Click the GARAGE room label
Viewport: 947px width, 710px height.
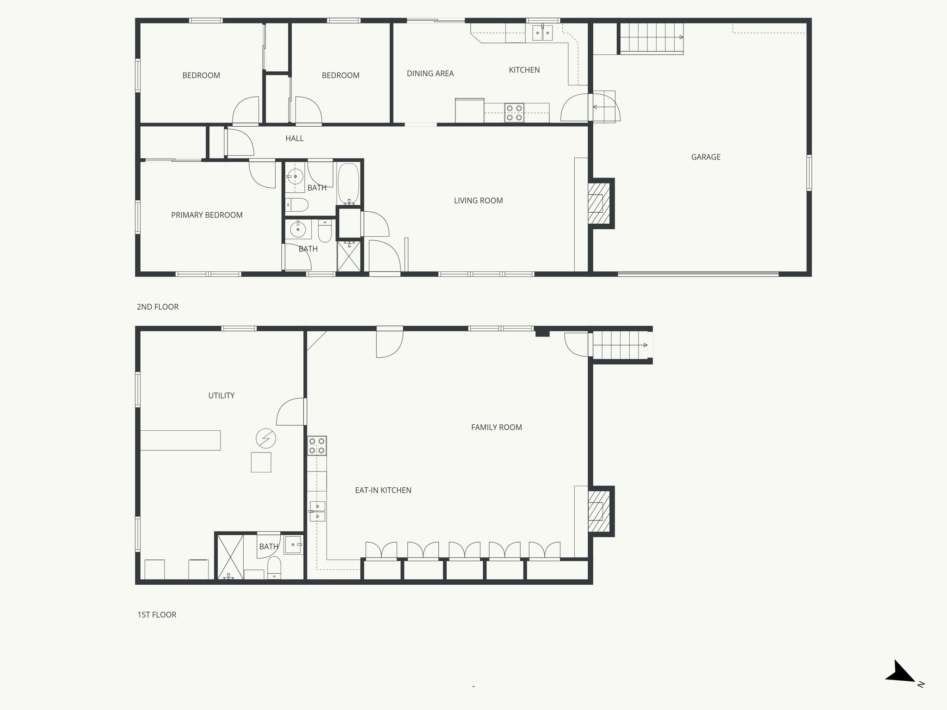coord(706,157)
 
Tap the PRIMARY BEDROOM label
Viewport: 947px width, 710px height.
coord(207,215)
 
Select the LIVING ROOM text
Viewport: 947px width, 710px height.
coord(478,201)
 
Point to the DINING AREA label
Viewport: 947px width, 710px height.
coord(430,73)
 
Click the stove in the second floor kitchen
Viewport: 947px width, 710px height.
coord(514,113)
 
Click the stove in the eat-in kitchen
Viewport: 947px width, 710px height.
coord(317,446)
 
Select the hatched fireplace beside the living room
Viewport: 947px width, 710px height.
coord(599,203)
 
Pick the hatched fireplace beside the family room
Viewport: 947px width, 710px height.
coord(599,511)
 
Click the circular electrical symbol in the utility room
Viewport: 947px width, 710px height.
coord(266,438)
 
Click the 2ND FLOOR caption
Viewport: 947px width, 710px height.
coord(157,307)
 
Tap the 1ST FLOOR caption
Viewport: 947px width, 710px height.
coord(157,615)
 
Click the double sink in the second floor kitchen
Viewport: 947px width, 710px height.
coord(542,33)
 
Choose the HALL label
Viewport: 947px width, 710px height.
coord(295,138)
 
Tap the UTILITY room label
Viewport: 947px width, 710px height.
coord(221,396)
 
